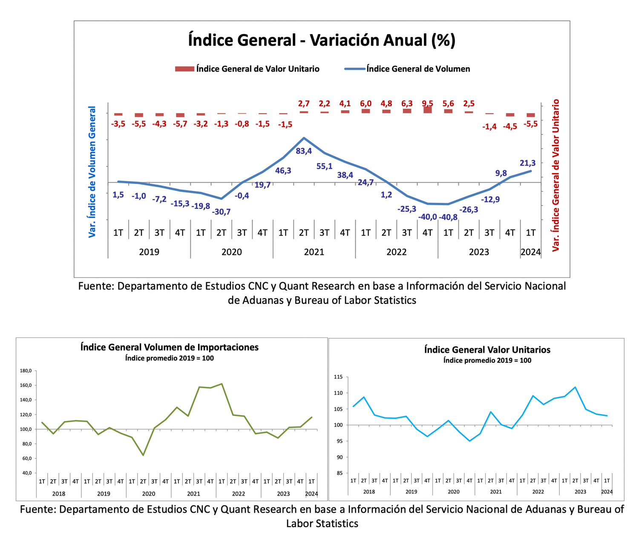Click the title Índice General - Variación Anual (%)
click(x=322, y=40)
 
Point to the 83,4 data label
click(x=304, y=151)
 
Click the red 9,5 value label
click(x=428, y=104)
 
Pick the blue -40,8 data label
click(x=448, y=217)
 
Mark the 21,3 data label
click(x=528, y=163)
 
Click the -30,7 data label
click(x=221, y=212)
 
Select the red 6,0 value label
click(x=366, y=104)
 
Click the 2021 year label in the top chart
click(x=314, y=252)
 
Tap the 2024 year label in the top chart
click(x=531, y=252)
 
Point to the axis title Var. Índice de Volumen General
click(x=92, y=172)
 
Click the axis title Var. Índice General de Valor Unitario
click(x=556, y=176)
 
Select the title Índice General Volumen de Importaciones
click(x=170, y=347)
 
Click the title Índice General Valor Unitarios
click(x=487, y=349)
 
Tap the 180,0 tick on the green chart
click(x=26, y=371)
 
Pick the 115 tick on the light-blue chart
click(x=338, y=377)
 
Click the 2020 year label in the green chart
click(x=148, y=494)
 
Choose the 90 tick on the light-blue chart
click(x=340, y=457)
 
